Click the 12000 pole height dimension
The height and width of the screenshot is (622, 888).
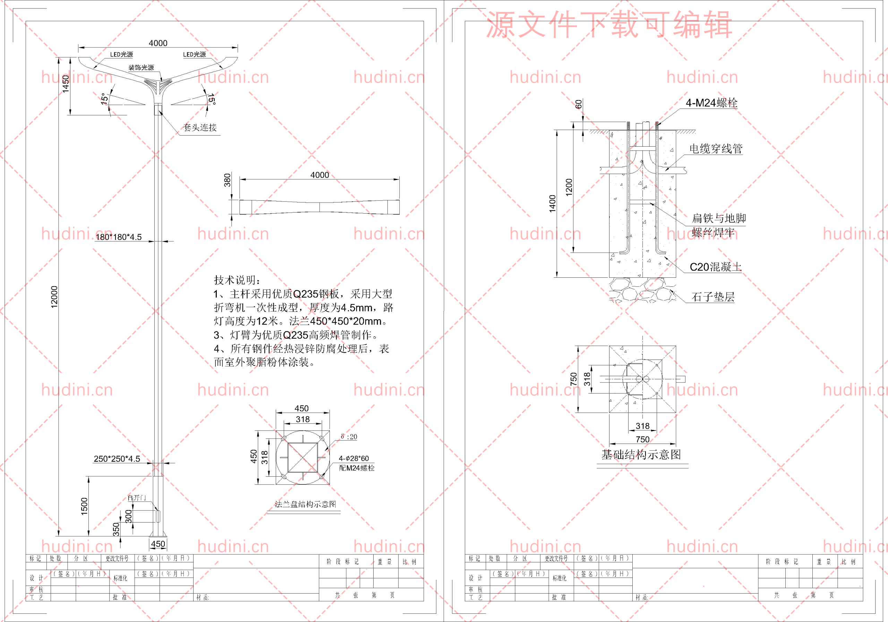pyautogui.click(x=54, y=297)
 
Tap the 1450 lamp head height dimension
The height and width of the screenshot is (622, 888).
pyautogui.click(x=66, y=84)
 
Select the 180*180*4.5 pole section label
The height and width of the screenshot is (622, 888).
pyautogui.click(x=119, y=237)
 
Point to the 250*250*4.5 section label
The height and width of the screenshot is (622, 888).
pyautogui.click(x=117, y=459)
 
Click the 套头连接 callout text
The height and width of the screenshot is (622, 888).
pyautogui.click(x=200, y=128)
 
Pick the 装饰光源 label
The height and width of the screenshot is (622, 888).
pyautogui.click(x=141, y=68)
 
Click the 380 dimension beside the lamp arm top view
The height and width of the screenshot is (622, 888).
pyautogui.click(x=228, y=180)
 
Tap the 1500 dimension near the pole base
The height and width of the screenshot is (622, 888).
pyautogui.click(x=84, y=507)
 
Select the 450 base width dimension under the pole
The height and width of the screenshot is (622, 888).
pyautogui.click(x=158, y=544)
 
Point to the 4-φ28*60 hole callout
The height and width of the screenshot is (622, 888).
pyautogui.click(x=354, y=458)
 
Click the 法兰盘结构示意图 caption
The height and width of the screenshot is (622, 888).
pyautogui.click(x=305, y=504)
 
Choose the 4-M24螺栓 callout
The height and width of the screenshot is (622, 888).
pyautogui.click(x=712, y=103)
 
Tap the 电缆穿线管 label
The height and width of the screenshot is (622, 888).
pyautogui.click(x=716, y=149)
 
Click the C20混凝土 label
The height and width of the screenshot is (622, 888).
pyautogui.click(x=716, y=267)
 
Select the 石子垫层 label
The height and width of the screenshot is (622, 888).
pyautogui.click(x=713, y=297)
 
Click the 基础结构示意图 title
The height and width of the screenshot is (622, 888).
pyautogui.click(x=641, y=455)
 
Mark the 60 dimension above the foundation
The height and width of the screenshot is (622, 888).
pyautogui.click(x=579, y=104)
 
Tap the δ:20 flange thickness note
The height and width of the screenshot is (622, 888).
pyautogui.click(x=349, y=437)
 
